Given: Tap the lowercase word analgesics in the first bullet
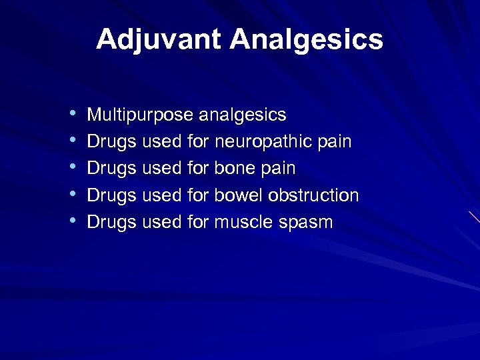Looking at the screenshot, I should point(243,115).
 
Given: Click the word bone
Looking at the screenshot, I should point(235,169).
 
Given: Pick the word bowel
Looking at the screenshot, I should point(239,195).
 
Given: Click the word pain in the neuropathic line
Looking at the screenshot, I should point(335,142).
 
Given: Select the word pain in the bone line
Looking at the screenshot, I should point(278,169).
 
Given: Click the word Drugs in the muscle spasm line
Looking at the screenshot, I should point(112,222).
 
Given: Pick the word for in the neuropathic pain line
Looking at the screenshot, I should point(198,142).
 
